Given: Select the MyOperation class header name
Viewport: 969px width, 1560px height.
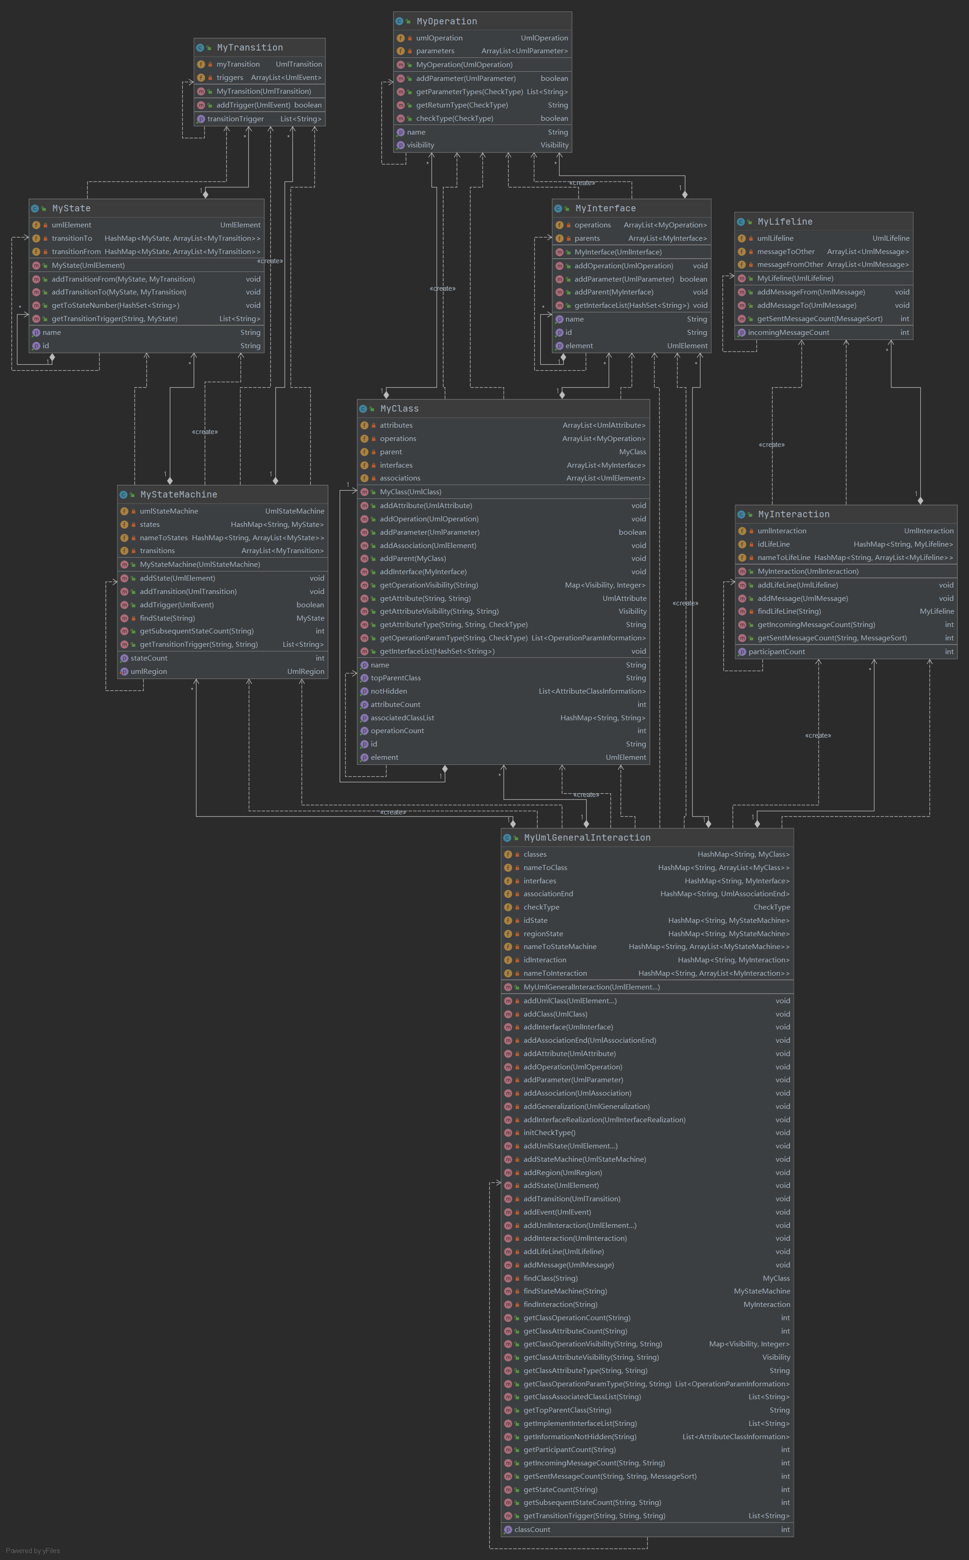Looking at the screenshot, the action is click(x=446, y=21).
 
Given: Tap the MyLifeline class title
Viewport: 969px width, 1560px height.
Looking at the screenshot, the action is click(x=784, y=221).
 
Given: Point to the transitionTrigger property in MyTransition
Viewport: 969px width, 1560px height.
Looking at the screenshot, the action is click(x=235, y=119).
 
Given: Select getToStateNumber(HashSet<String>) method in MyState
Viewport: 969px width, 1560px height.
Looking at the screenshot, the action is click(x=115, y=305).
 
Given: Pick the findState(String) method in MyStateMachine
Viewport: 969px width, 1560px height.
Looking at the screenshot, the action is click(x=167, y=618).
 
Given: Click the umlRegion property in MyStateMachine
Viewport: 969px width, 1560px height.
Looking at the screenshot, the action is click(x=148, y=671).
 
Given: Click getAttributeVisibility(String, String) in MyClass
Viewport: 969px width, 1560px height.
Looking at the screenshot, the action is click(x=439, y=611).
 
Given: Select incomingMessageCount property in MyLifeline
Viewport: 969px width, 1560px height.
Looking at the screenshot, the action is click(x=788, y=332).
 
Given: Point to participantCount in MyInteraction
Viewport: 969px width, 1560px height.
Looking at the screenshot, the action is click(x=776, y=651).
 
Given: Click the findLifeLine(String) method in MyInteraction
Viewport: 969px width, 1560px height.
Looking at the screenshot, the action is click(x=789, y=611).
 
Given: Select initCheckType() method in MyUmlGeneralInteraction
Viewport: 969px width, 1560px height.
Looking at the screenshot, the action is click(x=549, y=1132).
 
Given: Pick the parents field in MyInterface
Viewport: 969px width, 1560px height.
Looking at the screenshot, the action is click(x=587, y=238).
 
